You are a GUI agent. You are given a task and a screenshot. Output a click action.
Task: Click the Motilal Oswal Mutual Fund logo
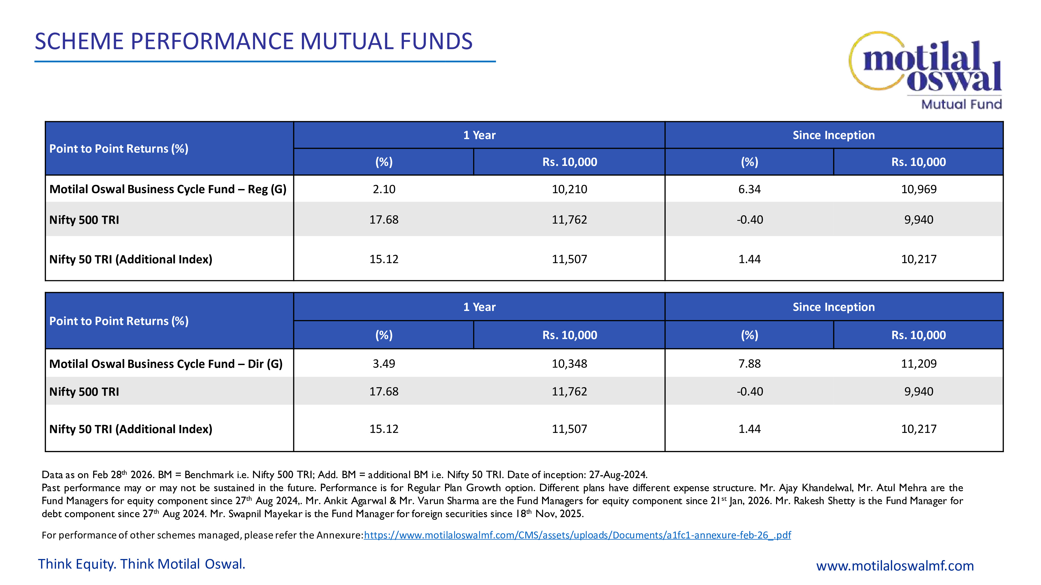[x=925, y=69]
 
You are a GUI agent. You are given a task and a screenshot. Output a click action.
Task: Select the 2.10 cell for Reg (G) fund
[x=384, y=189]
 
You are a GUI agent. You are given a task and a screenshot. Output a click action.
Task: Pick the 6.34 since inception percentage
[x=749, y=189]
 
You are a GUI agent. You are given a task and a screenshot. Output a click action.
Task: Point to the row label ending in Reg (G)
[x=168, y=189]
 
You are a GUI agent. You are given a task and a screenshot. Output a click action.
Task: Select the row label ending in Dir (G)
[x=166, y=364]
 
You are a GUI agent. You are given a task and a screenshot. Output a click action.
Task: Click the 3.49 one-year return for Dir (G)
[x=384, y=364]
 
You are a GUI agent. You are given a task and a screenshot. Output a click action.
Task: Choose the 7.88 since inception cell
[x=749, y=364]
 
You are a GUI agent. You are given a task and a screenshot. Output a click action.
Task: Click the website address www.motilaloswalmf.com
[x=895, y=565]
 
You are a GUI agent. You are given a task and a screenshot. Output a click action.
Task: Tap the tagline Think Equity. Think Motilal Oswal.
[x=141, y=564]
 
